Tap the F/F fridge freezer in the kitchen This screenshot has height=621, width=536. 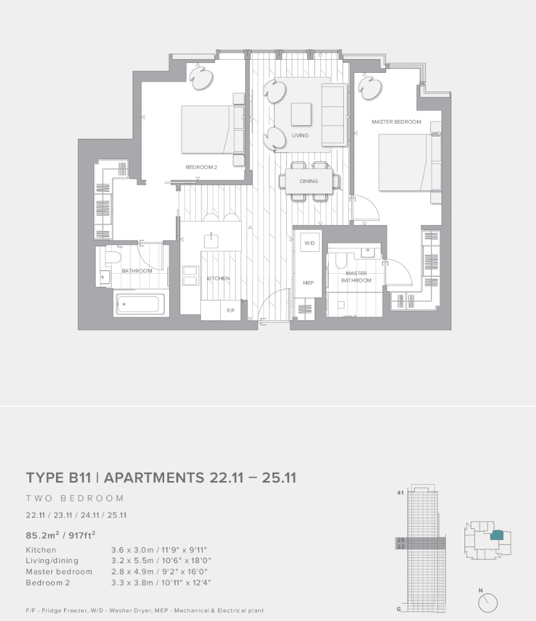pos(230,309)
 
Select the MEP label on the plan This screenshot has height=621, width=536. pos(308,282)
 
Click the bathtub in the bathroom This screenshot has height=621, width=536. pos(140,304)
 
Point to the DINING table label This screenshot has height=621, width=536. pos(308,181)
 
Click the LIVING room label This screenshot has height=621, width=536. pos(300,135)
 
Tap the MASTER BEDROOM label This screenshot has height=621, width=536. pos(396,122)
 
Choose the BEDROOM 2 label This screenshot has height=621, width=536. pos(201,167)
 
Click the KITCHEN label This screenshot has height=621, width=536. pos(218,278)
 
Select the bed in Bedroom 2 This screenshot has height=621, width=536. pos(208,129)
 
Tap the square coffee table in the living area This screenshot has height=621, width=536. pos(301,113)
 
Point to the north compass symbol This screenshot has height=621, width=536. pos(488,602)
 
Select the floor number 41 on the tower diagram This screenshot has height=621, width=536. pos(400,492)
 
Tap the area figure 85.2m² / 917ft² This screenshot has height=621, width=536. pos(60,534)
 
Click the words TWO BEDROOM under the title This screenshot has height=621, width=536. pos(75,498)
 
